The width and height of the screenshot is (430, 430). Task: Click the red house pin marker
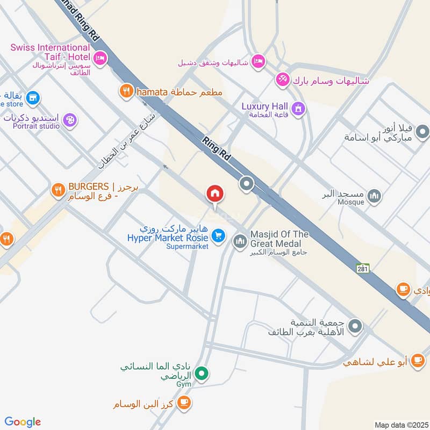point(215,193)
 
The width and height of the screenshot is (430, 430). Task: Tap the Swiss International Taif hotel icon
point(99,58)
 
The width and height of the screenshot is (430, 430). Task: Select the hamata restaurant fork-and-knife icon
point(126,91)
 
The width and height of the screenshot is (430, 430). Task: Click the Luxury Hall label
point(264,106)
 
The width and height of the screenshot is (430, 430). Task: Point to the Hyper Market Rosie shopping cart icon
point(218,235)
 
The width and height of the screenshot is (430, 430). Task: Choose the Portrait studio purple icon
point(69,119)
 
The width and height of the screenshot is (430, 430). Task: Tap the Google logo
point(23,422)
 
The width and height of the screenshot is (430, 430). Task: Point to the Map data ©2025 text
point(400,425)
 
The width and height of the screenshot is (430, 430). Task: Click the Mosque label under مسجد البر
point(351,202)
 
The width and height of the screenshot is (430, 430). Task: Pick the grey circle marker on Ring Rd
point(247,185)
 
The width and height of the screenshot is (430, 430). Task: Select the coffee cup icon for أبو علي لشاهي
point(417,362)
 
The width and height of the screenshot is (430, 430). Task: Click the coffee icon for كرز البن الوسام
point(184,402)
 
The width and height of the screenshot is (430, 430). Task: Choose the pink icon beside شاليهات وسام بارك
point(283,80)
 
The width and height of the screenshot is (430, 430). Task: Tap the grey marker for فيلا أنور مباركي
point(422,131)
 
